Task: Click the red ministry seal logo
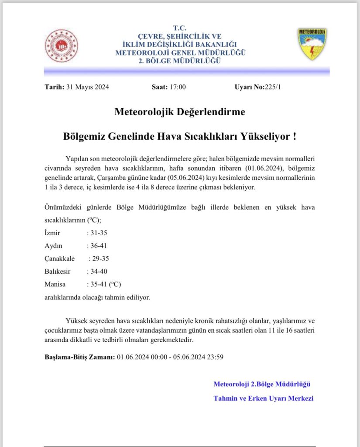coord(62,45)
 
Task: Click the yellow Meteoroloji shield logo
coord(312,44)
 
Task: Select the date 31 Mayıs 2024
coord(87,87)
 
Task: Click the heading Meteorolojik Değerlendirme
coord(180,112)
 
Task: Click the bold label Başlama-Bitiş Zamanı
coord(80,357)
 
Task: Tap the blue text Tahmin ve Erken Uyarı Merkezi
coord(264,398)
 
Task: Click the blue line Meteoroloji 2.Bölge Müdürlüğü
coord(262,384)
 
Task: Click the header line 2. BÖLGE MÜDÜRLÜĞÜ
coord(180,61)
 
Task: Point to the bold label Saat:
coord(160,87)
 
